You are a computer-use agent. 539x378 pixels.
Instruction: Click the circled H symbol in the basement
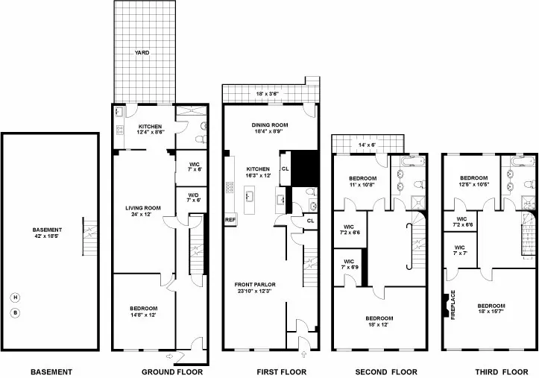[x=14, y=297]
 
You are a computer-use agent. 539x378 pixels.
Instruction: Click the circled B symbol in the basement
[x=14, y=312]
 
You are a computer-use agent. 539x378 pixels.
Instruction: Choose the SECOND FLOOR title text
[x=379, y=371]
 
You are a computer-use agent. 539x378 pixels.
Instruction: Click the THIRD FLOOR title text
[x=488, y=371]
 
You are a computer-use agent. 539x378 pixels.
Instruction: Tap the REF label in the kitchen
[x=230, y=220]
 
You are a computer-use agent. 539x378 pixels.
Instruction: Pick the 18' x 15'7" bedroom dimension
[x=491, y=312]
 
